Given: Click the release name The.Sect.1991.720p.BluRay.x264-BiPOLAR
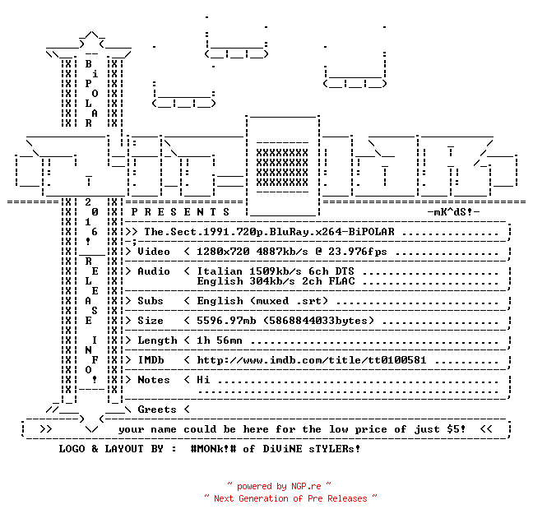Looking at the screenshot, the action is coord(269,232).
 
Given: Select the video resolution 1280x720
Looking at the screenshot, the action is coord(223,252).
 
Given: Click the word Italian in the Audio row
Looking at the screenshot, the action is coord(220,271).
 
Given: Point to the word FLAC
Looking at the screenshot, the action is coord(341,281).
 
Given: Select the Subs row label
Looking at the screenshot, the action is coord(151,301).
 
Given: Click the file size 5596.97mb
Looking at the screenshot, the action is coord(226,321).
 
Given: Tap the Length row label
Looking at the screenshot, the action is coord(157,340).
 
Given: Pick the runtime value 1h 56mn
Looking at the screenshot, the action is coord(220,340).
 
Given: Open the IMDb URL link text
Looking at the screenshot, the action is coord(312,360).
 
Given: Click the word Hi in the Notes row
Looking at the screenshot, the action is coord(203,380).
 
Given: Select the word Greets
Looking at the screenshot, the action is coord(157,410).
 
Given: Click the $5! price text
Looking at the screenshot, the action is coord(457,429).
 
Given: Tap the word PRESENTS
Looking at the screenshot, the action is coord(180,212).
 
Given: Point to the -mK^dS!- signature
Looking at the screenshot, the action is coord(453,212).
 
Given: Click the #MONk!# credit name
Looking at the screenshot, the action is coord(213,448).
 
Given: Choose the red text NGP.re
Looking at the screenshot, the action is coord(306,486).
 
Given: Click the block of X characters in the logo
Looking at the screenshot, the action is coord(282,167).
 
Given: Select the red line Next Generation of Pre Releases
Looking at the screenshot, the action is coord(290,498).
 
